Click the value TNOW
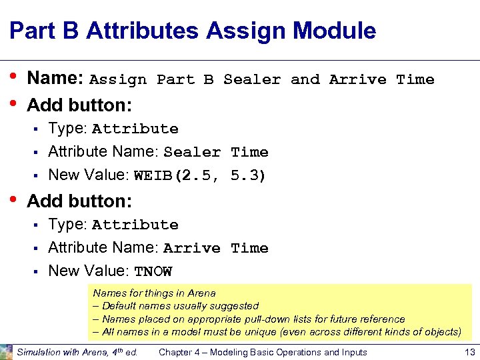pos(153,271)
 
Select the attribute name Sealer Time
pos(216,153)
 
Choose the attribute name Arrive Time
pos(216,249)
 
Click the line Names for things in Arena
pos(155,293)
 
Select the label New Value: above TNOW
pos(89,271)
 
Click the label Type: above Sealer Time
pos(68,129)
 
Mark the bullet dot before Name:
pos(14,78)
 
